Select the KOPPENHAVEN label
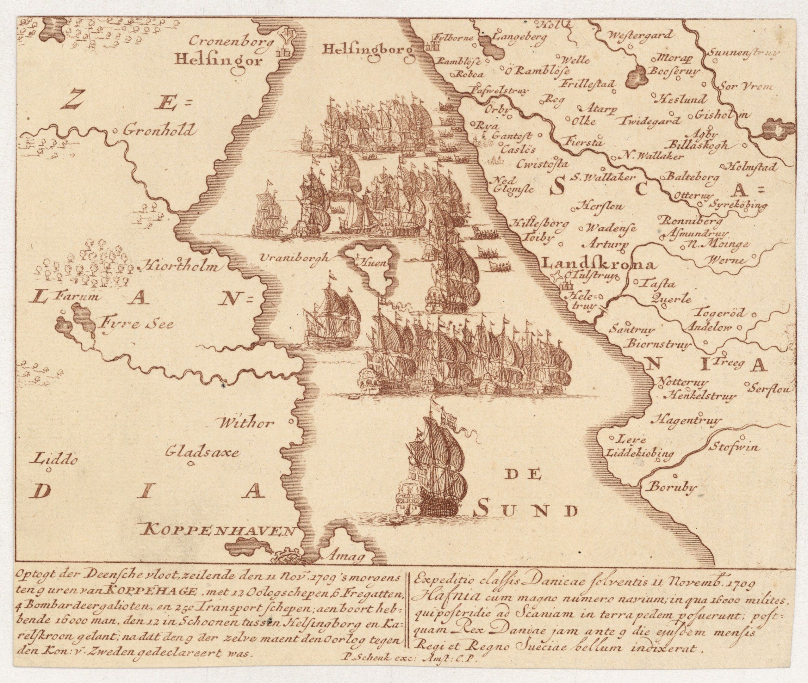[217, 530]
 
